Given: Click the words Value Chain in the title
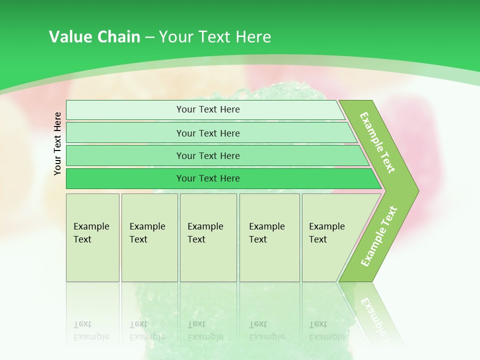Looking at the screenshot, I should tap(94, 37).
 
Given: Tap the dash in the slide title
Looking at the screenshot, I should tap(149, 37).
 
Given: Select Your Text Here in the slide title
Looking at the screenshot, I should tap(215, 37).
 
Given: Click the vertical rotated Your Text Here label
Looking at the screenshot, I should tap(57, 143).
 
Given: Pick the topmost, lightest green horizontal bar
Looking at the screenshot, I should tap(205, 109).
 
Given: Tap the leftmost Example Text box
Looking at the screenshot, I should tap(92, 237).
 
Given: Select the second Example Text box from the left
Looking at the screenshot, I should tap(149, 237).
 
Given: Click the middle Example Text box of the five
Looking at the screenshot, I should tap(208, 237).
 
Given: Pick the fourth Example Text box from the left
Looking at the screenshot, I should tap(269, 237).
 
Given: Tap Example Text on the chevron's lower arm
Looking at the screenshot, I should tap(379, 236).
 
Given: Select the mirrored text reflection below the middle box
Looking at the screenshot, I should tap(205, 330).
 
